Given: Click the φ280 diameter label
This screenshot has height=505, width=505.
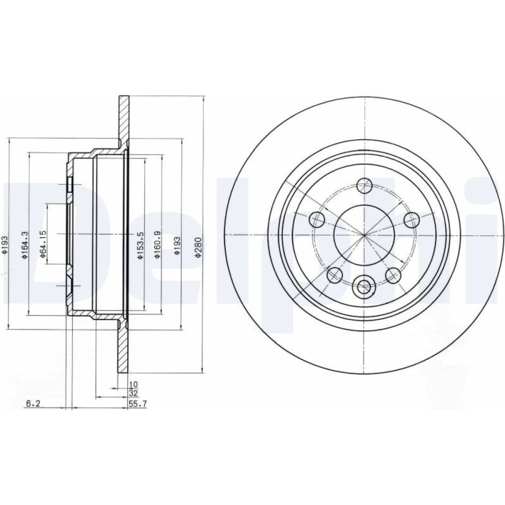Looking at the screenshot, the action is point(198,247).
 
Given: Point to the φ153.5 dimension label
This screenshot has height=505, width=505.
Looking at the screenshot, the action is point(140,245).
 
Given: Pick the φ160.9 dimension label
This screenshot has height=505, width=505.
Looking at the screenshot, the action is point(157,245).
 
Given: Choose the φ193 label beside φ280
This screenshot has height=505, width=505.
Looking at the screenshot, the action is point(177,247).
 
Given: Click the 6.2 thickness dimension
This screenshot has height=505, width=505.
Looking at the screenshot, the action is point(33,403).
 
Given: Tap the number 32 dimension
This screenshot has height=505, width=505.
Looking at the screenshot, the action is point(133,393).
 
